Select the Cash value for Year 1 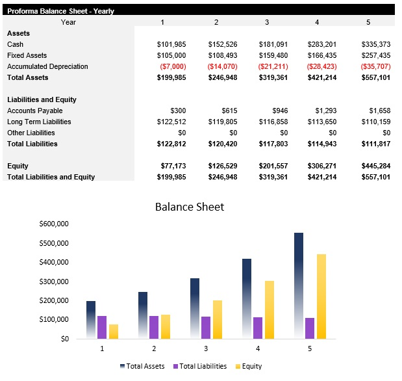coord(171,44)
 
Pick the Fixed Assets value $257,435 coord(375,55)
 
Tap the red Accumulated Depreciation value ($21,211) coord(273,66)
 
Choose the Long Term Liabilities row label coord(39,122)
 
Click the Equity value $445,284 coord(375,166)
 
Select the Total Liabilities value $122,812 coord(171,144)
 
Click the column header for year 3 coord(266,22)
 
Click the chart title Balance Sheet coord(189,207)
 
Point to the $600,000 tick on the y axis coord(55,224)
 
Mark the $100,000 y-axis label coord(55,320)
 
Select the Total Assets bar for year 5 coord(299,286)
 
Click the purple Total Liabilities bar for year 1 coord(102,328)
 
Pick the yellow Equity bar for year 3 coord(218,320)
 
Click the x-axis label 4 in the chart coord(258,349)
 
